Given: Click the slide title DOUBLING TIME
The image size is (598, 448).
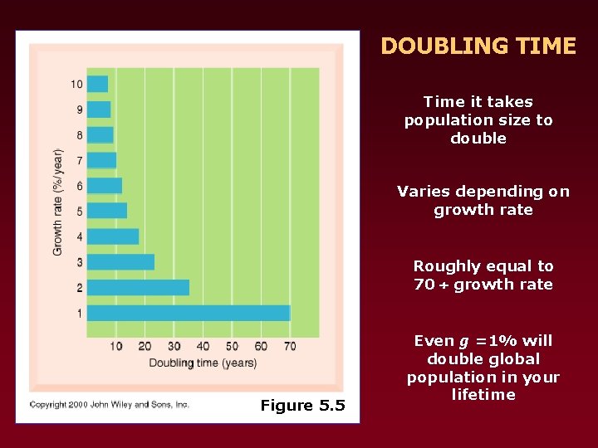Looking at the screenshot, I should click(478, 46).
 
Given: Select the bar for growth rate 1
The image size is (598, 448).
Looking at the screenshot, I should click(189, 313).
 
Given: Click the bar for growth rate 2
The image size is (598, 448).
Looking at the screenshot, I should click(138, 287).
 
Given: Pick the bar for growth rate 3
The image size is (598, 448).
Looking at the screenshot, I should click(120, 262).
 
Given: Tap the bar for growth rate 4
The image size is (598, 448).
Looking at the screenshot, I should click(113, 236).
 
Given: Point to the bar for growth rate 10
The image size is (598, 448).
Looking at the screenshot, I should click(97, 84).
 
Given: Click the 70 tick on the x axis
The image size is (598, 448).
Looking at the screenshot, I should click(290, 345).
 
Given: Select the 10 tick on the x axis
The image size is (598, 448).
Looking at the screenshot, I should click(115, 345).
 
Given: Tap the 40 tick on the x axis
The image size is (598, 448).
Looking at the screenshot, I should click(203, 345).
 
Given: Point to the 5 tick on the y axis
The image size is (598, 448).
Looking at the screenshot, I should click(79, 212).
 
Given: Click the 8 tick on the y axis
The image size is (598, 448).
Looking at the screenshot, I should click(79, 135).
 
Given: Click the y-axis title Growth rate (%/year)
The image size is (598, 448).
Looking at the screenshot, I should click(58, 202).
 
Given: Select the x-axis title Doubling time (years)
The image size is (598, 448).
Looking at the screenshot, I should click(203, 363).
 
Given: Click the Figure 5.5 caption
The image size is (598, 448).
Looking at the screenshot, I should click(302, 405).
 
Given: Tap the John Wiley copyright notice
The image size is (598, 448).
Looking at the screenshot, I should click(110, 405).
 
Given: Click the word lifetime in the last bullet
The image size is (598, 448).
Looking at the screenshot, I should click(483, 395).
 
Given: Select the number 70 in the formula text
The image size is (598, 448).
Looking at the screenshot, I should click(424, 285).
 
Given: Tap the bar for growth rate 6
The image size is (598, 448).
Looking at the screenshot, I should click(105, 186).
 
